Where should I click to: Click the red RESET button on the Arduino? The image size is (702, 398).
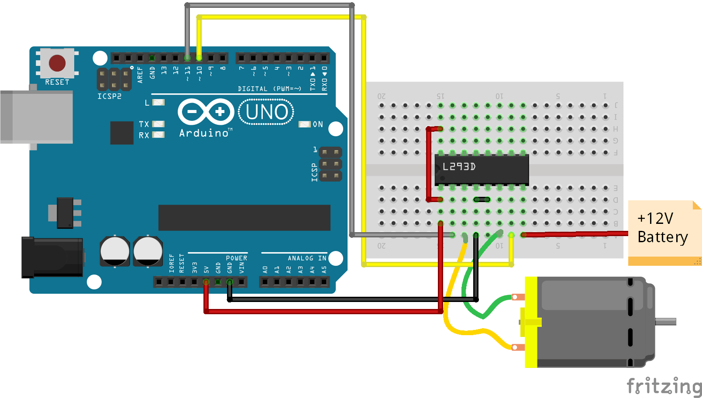57,63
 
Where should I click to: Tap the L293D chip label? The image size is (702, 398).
459,167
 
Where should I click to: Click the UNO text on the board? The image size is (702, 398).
266,112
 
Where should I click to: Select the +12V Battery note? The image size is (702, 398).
663,228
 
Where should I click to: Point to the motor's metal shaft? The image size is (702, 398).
665,322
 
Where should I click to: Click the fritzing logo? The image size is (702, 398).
664,386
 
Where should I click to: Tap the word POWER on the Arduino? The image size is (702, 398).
236,258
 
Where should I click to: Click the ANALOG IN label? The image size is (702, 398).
307,258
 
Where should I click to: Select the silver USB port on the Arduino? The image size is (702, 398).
37,117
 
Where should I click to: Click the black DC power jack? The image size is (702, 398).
52,257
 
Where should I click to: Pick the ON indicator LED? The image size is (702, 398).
304,124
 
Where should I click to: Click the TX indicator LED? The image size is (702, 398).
158,124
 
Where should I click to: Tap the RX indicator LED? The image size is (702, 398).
158,135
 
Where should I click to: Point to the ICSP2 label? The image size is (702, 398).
109,96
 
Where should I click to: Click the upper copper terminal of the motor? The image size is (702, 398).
518,297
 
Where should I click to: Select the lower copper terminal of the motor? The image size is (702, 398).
518,347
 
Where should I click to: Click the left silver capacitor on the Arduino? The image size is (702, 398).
114,251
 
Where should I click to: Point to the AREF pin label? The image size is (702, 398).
140,75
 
